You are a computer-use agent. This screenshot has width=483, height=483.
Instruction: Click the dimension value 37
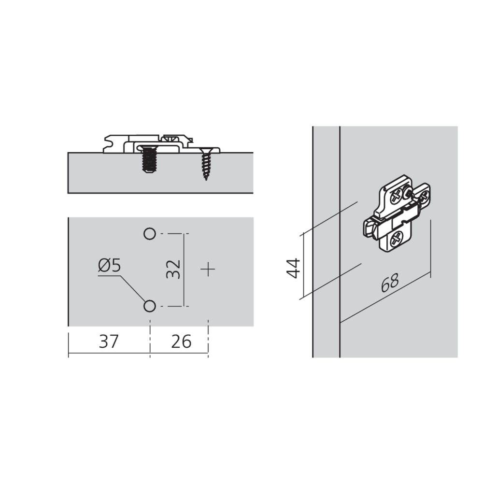[109, 341]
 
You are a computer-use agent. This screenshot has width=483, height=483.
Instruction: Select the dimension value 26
[181, 341]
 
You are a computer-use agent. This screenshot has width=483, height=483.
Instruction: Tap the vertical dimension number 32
[173, 269]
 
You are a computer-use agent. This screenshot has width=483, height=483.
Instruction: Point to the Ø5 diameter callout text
[109, 265]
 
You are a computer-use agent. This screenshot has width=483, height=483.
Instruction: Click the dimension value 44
[293, 268]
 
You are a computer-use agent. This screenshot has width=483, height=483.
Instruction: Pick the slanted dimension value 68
[390, 283]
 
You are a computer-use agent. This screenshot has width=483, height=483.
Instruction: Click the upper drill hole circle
[150, 234]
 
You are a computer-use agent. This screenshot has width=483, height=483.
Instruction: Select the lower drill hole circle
[150, 306]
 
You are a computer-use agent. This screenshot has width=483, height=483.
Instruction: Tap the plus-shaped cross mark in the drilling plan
[208, 270]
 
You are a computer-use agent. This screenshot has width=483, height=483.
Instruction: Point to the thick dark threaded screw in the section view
[150, 159]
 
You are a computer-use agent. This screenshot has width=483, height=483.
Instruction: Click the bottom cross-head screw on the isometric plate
[397, 239]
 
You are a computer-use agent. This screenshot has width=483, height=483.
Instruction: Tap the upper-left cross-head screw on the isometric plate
[397, 197]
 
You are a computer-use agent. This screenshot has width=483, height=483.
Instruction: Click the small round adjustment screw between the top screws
[408, 193]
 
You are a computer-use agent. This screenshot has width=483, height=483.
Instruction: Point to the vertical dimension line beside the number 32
[184, 270]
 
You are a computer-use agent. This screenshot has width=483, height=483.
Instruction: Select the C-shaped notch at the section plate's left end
[108, 143]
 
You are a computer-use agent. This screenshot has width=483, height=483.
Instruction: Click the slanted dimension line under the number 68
[385, 298]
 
